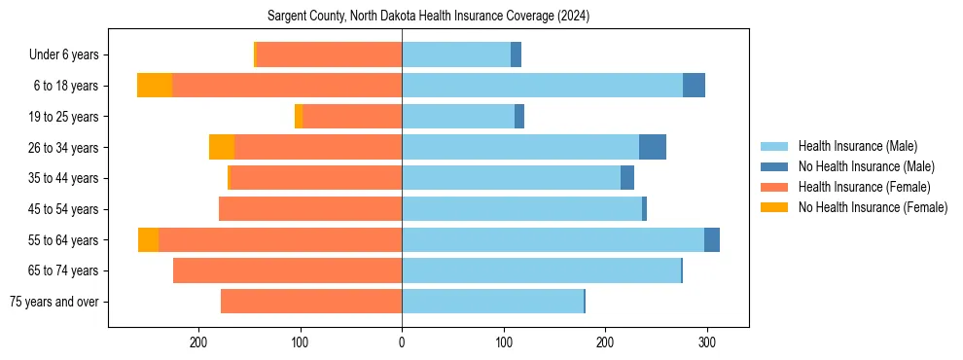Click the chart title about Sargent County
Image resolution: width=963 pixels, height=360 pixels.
(429, 16)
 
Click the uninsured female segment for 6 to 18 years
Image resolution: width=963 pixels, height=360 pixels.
(155, 86)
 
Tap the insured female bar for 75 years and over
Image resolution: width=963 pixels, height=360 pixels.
(311, 302)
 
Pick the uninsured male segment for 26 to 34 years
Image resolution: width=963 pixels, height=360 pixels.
(653, 147)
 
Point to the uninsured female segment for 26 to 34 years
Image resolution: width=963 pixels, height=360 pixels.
(222, 147)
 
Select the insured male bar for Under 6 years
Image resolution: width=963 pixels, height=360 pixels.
(456, 54)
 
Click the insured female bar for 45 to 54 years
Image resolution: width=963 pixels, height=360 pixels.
(310, 209)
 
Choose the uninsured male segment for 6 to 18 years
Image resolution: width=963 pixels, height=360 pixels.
(694, 86)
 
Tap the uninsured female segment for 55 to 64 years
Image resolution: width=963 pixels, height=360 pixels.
(148, 239)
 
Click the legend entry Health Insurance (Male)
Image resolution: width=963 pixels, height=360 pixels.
(857, 146)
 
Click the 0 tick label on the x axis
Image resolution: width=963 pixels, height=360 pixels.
(402, 342)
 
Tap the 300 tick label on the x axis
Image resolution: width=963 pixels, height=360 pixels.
(707, 342)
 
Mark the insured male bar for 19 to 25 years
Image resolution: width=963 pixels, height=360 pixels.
(458, 117)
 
